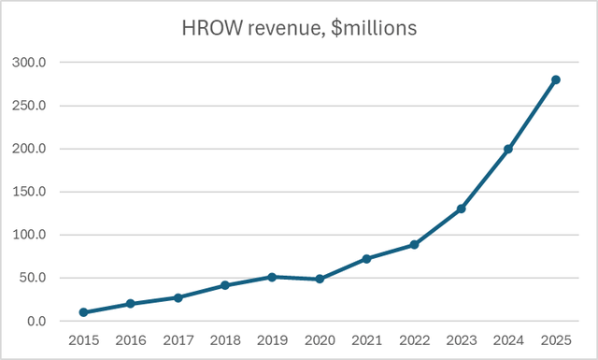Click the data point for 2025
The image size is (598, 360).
click(x=556, y=79)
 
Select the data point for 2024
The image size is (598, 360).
click(x=508, y=149)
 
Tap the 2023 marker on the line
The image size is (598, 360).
click(x=461, y=209)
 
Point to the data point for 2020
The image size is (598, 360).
click(x=320, y=279)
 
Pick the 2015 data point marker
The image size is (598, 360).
click(x=84, y=312)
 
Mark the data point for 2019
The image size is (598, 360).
click(x=272, y=277)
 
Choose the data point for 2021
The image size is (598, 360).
click(x=366, y=258)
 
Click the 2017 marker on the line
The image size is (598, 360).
click(x=178, y=297)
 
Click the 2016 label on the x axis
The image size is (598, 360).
click(x=131, y=340)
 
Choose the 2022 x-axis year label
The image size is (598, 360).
click(x=414, y=340)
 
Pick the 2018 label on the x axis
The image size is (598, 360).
click(x=225, y=340)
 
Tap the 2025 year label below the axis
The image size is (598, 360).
click(x=556, y=340)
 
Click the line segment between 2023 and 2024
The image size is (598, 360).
click(x=485, y=179)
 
